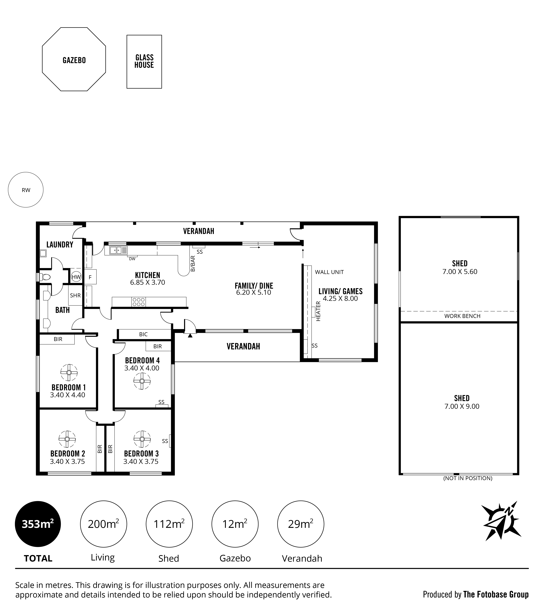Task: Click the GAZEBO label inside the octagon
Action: [74, 60]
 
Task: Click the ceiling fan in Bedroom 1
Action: [69, 372]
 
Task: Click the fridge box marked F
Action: [90, 277]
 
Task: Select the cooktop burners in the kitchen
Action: [139, 302]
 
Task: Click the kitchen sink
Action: [116, 250]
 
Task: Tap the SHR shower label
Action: [75, 295]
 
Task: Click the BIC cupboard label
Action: [143, 334]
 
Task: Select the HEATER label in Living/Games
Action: [318, 311]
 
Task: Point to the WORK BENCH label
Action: [462, 316]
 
